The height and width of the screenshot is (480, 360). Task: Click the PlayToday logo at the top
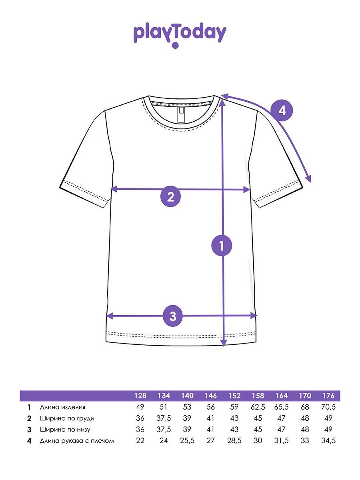(x=180, y=35)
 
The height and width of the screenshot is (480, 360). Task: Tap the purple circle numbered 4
(x=282, y=111)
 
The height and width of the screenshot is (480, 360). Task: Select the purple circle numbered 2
(x=170, y=196)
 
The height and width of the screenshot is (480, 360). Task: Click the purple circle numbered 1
(x=222, y=246)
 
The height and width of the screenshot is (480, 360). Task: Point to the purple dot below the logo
(x=175, y=45)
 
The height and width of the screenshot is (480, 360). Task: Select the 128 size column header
(x=140, y=396)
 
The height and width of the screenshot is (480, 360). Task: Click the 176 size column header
(x=328, y=396)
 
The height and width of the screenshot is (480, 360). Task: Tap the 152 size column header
(x=234, y=396)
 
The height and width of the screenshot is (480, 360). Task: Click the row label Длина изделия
(x=62, y=407)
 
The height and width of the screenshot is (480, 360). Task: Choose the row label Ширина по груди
(x=67, y=418)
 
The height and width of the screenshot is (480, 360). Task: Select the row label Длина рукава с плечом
(x=77, y=441)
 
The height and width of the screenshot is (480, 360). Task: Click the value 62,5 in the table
(x=258, y=407)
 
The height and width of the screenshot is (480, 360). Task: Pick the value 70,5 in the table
(x=328, y=407)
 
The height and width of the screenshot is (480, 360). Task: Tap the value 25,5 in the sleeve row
(x=187, y=441)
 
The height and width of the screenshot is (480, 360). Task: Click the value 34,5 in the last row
(x=328, y=441)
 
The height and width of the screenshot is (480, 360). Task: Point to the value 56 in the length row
(x=211, y=407)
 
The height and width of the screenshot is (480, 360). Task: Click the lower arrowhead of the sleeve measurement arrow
(x=309, y=179)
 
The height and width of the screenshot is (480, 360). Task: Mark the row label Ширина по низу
(x=65, y=430)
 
